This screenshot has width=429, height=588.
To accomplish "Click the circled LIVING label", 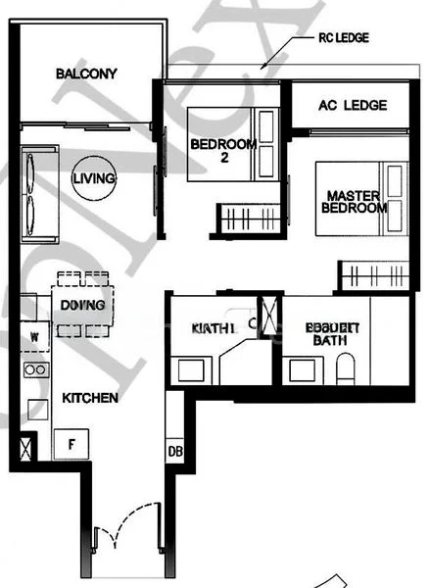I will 94,179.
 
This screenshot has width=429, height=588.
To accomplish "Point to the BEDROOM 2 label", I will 223,151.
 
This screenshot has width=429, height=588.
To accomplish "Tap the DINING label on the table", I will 82,305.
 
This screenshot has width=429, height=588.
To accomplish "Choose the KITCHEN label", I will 90,399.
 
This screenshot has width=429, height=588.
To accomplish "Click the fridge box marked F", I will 71,444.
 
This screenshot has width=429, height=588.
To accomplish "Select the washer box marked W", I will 35,337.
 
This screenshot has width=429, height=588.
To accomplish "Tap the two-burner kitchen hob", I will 36,369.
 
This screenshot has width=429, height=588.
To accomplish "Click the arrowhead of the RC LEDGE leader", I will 262,66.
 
